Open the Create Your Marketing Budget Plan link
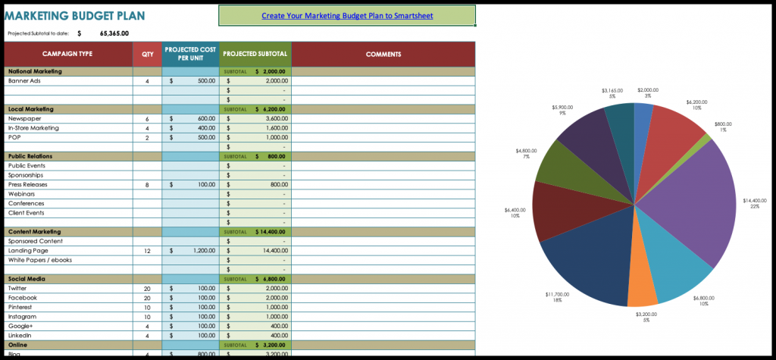pos(347,15)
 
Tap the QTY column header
pos(147,54)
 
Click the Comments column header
pos(383,54)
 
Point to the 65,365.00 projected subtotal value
pos(114,33)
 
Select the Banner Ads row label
pos(24,80)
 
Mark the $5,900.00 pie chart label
pos(562,108)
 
